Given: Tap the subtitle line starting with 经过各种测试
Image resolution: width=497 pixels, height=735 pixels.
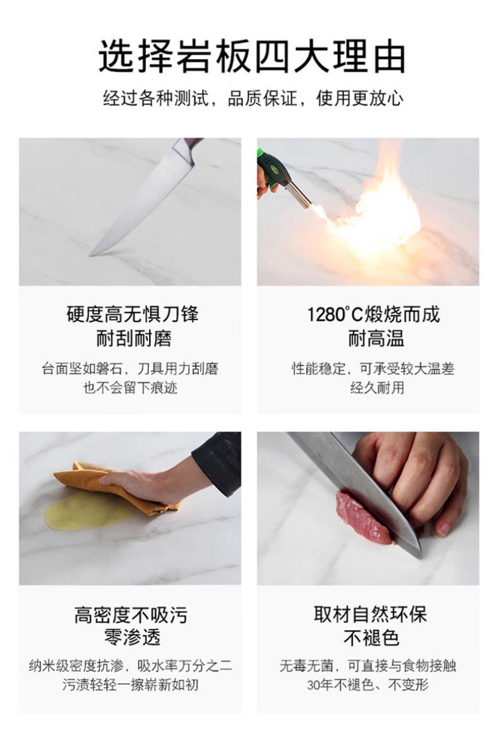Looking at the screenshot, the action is tap(253, 99).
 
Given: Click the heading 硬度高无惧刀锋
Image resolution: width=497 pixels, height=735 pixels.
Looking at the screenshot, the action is tap(132, 314).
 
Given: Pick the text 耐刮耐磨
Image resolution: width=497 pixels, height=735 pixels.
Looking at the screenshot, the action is tap(133, 338).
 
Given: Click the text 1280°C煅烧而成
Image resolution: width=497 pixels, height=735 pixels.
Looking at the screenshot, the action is tap(373, 314).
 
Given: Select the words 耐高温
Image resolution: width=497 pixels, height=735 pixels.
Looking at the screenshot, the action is tap(376, 338).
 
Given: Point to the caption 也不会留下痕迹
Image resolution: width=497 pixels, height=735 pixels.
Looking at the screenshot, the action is tap(130, 388).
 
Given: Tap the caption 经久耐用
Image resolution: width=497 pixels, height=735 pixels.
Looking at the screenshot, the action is tap(377, 388).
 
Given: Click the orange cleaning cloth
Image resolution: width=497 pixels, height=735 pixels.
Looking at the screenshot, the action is tap(117, 487).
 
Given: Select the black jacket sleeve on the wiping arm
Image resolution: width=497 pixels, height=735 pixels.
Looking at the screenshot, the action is tap(218, 461).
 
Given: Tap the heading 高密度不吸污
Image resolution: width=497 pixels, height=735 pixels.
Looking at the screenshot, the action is tap(131, 615).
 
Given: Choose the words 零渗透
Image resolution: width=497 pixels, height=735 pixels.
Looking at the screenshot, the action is tap(132, 638).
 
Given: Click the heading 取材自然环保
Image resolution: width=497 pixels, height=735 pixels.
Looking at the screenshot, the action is tap(371, 614).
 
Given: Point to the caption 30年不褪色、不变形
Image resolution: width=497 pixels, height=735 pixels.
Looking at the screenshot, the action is tap(368, 685).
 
